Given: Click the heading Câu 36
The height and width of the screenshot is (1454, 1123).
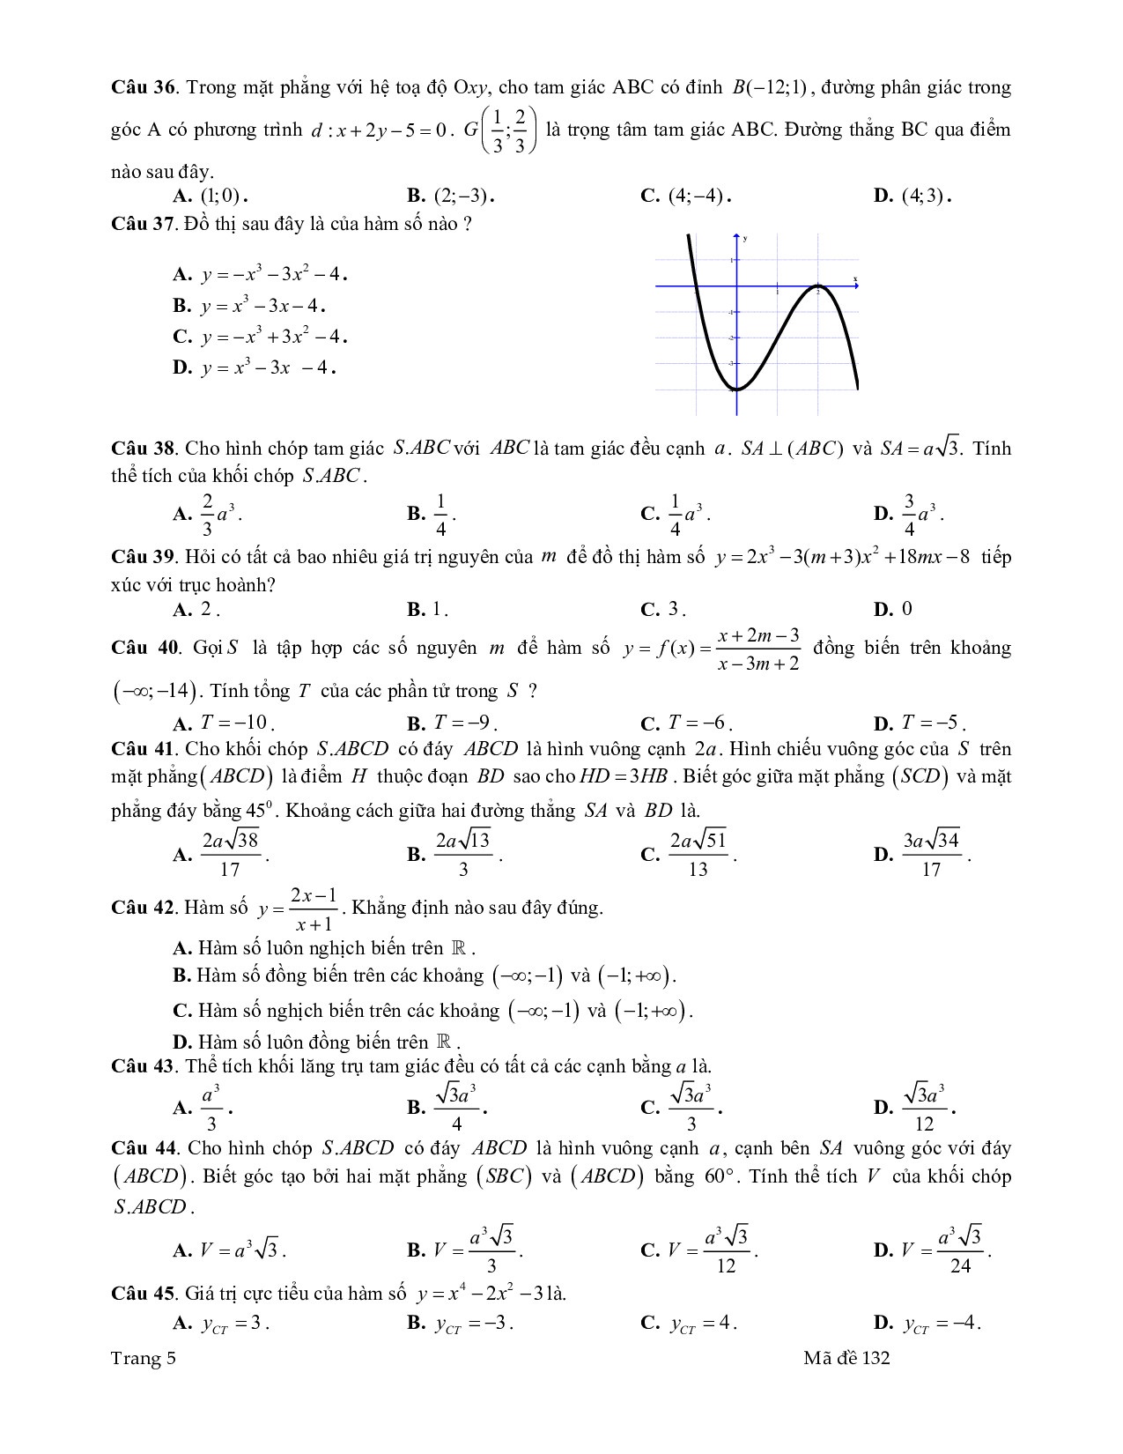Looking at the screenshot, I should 144,88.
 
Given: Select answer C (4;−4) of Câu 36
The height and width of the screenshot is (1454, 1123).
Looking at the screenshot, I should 687,196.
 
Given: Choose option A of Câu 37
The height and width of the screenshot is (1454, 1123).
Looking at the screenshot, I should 261,274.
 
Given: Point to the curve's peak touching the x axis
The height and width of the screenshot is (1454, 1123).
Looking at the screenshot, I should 818,286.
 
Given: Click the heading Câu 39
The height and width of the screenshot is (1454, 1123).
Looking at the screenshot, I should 144,558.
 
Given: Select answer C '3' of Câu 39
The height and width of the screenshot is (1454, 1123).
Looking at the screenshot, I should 663,609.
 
